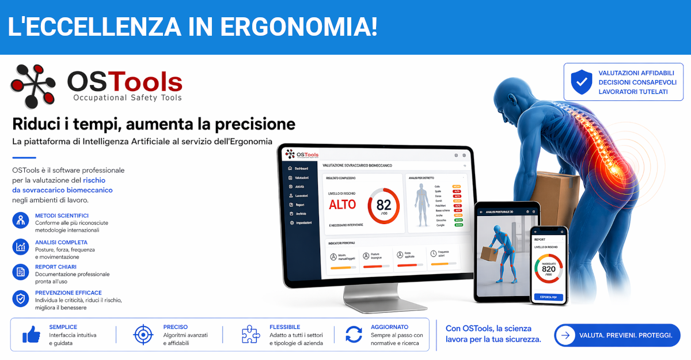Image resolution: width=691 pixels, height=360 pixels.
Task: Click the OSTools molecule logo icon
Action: click(x=33, y=86)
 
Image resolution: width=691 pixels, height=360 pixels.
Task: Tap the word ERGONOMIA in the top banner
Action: click(x=299, y=26)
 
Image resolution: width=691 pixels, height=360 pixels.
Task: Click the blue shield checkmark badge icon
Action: click(x=582, y=82)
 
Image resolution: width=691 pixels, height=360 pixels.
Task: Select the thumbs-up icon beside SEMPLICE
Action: click(x=31, y=335)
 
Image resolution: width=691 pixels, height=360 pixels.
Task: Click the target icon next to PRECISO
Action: click(x=143, y=335)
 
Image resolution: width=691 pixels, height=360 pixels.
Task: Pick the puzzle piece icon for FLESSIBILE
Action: click(x=250, y=335)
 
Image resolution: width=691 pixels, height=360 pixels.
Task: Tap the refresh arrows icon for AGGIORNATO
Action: click(x=354, y=335)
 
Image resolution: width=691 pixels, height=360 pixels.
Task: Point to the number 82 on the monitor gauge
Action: click(x=384, y=205)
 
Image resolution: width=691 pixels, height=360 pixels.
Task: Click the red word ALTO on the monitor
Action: click(x=343, y=204)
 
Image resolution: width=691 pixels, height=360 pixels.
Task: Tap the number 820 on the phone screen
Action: click(x=548, y=268)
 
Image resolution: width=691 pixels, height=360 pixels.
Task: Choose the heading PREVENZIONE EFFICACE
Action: click(x=69, y=293)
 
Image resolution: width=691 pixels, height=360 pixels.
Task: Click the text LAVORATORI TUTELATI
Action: click(x=633, y=92)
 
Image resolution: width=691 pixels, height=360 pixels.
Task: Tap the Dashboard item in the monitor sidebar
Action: click(x=301, y=169)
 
